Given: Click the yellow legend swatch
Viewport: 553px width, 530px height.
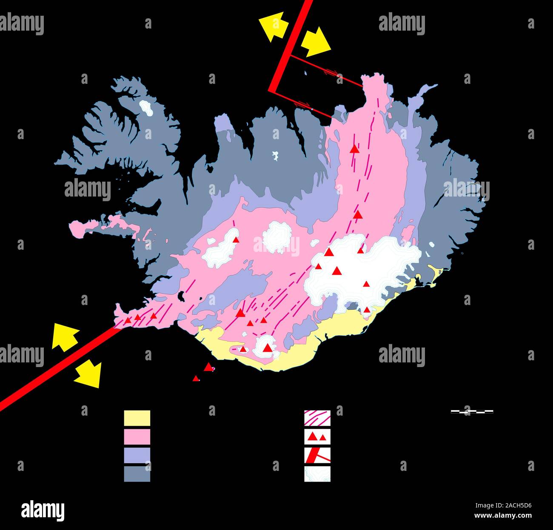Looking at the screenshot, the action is (137, 418).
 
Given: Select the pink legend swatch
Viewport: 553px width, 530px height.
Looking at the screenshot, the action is (137, 436).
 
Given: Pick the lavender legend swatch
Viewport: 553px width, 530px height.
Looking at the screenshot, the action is (137, 455).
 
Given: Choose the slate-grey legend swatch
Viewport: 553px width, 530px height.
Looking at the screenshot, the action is (137, 474).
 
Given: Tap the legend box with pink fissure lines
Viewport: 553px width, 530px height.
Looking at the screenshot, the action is (317, 418).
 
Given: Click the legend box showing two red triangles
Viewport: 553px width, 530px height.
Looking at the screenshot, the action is (317, 436).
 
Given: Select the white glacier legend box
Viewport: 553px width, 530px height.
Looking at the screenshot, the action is (317, 474).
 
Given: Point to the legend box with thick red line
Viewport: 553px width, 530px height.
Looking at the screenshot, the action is (317, 455).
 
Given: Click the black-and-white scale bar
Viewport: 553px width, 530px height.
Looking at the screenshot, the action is (472, 412).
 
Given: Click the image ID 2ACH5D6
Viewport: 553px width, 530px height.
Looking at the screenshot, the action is (510, 506).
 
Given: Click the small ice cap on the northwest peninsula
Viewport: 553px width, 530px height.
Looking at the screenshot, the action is (146, 108).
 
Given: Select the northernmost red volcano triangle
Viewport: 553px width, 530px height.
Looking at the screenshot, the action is (354, 148).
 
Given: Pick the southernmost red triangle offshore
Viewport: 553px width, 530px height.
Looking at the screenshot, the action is (196, 378).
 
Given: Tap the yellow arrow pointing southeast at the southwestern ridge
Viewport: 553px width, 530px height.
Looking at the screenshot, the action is (88, 373).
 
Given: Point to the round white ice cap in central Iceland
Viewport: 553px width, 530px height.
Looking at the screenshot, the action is (277, 237).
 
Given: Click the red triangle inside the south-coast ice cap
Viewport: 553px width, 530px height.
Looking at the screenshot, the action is (267, 348).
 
